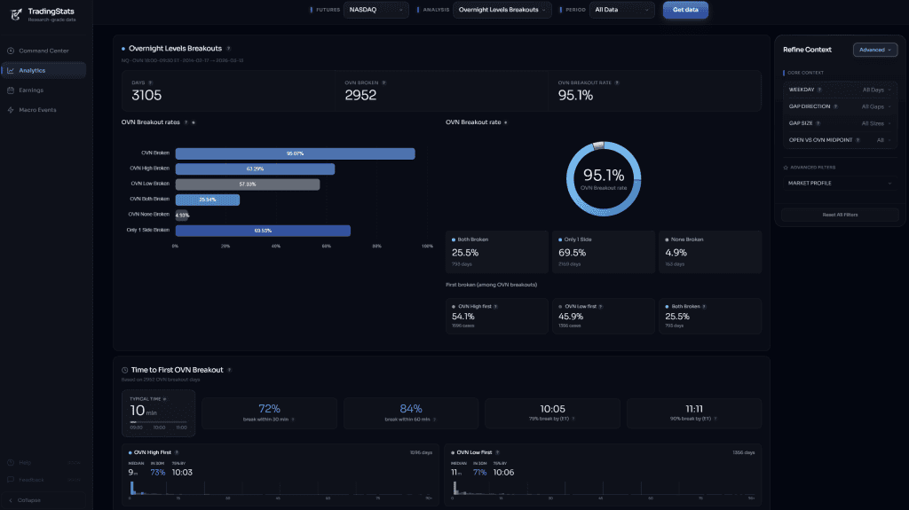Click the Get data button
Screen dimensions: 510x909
pyautogui.click(x=685, y=10)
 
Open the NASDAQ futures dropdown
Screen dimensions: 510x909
pyautogui.click(x=375, y=10)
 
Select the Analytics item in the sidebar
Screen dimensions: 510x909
pyautogui.click(x=43, y=70)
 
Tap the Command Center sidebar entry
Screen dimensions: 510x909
pyautogui.click(x=43, y=51)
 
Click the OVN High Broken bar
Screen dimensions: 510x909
pyautogui.click(x=255, y=169)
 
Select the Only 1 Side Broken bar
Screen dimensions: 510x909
pyautogui.click(x=263, y=231)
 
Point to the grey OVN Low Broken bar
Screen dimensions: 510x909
pyautogui.click(x=247, y=184)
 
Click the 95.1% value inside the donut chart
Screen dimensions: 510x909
pyautogui.click(x=604, y=175)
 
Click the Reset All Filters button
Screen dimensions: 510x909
pyautogui.click(x=840, y=215)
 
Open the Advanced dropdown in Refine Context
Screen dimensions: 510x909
pyautogui.click(x=875, y=50)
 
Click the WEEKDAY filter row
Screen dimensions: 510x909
pyautogui.click(x=840, y=90)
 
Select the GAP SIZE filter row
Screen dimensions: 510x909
pyautogui.click(x=840, y=123)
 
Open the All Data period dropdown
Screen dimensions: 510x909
pyautogui.click(x=623, y=10)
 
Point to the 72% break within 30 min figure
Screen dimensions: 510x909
pyautogui.click(x=269, y=409)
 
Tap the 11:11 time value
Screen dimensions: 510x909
pyautogui.click(x=694, y=409)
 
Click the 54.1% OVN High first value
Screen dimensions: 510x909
pyautogui.click(x=462, y=316)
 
